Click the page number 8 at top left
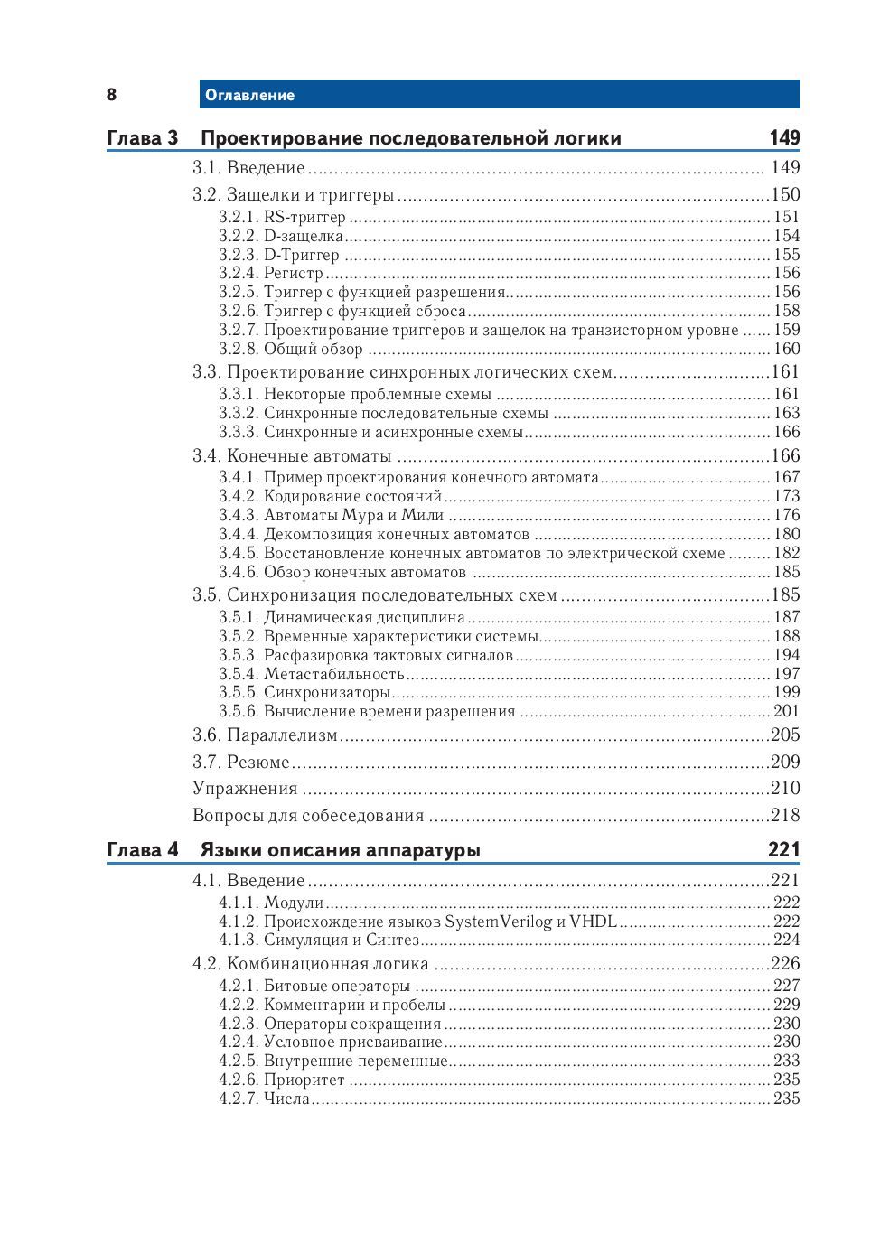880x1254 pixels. (x=111, y=95)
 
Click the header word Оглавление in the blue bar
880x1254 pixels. (x=249, y=95)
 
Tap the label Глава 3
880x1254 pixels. (x=142, y=138)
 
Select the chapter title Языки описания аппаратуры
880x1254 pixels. (x=340, y=850)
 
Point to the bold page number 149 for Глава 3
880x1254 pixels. (x=784, y=137)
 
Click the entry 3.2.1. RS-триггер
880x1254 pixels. (x=282, y=217)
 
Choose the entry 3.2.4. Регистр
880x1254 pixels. (x=270, y=273)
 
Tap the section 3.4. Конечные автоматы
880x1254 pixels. (x=292, y=456)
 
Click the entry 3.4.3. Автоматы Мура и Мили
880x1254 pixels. (x=331, y=515)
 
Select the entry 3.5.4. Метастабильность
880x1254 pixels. (x=311, y=674)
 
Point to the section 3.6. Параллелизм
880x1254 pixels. (x=265, y=735)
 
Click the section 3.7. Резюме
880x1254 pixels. (x=241, y=763)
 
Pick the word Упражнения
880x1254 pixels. (x=245, y=789)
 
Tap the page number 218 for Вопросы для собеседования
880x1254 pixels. (x=785, y=815)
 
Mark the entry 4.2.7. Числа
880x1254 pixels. (x=264, y=1099)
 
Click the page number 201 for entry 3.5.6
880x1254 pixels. (x=786, y=711)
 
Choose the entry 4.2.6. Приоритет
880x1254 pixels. (x=281, y=1080)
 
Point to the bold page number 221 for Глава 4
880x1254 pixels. (x=784, y=849)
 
